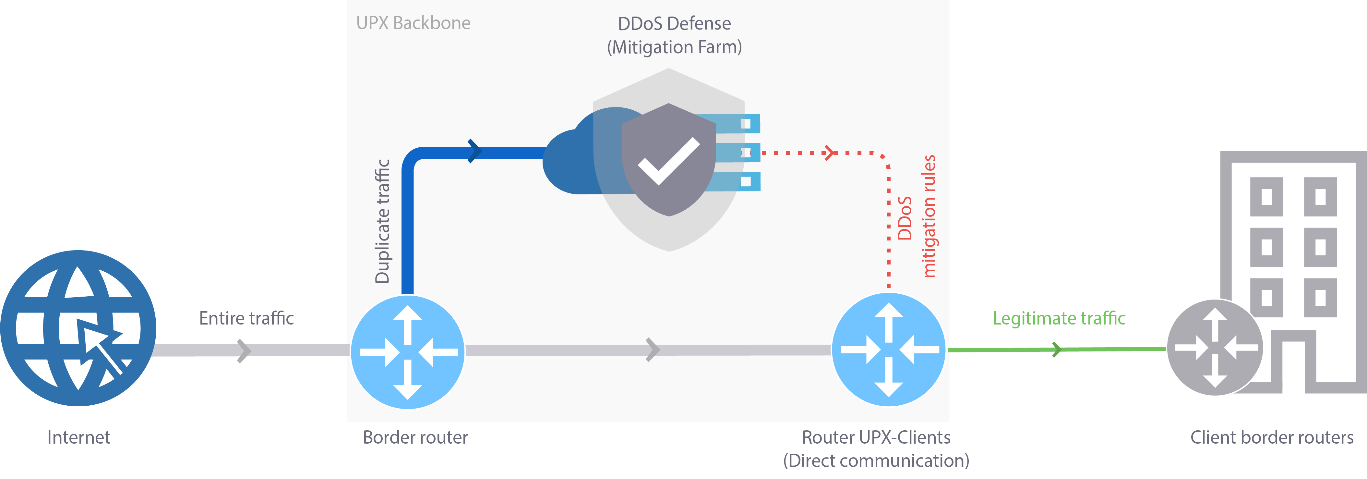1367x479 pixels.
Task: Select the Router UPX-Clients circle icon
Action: (888, 350)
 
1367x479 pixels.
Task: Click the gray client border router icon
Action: (1215, 348)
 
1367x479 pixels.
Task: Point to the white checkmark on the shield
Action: (669, 161)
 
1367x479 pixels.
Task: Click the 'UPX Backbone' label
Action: (413, 23)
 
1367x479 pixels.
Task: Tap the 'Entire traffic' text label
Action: (246, 318)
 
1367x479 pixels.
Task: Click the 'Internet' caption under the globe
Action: (78, 437)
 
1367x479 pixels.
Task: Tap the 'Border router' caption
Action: (415, 437)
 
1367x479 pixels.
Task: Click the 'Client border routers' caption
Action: (1271, 437)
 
